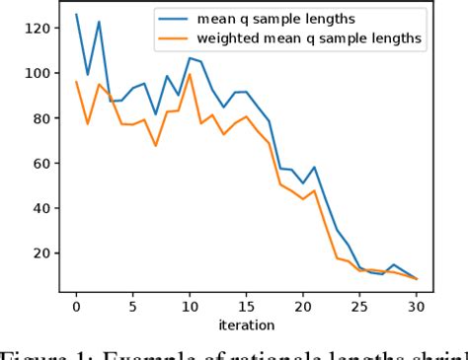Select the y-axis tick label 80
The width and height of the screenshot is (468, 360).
coord(39,118)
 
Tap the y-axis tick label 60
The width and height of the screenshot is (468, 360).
coord(39,164)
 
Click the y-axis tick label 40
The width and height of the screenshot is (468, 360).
coord(39,208)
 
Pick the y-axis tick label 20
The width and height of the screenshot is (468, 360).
coord(39,253)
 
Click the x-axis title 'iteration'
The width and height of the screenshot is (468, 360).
coord(247,324)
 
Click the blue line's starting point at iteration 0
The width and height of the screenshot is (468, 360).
coord(76,15)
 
